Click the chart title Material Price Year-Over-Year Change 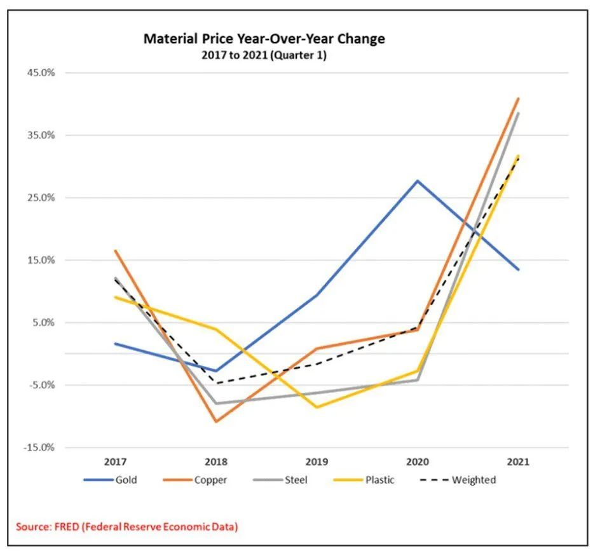tap(264, 39)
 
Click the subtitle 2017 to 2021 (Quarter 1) tap(264, 55)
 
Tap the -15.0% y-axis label tap(41, 447)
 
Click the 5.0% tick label tap(44, 322)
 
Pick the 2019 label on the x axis tap(317, 462)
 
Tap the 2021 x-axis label tap(518, 462)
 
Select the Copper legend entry tap(210, 480)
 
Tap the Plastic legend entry tap(379, 480)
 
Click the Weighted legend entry tap(474, 480)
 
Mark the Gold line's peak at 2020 tap(418, 180)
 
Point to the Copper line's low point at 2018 tap(216, 421)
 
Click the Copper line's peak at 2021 tap(519, 99)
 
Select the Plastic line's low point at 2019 tap(317, 407)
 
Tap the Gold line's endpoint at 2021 tap(519, 269)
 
